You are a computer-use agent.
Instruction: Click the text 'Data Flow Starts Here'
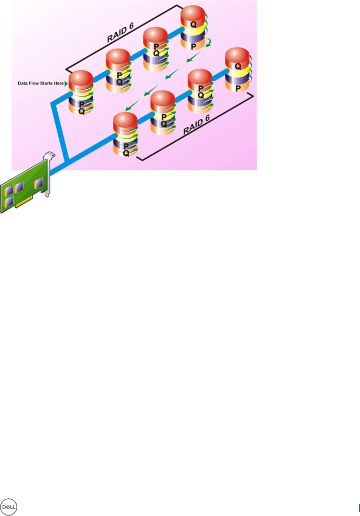click(x=40, y=83)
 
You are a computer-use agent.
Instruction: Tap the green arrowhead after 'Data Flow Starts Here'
click(x=66, y=84)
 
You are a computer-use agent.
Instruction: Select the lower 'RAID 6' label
click(x=196, y=125)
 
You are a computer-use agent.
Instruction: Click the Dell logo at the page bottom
click(x=9, y=507)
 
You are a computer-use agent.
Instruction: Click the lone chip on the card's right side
click(x=39, y=183)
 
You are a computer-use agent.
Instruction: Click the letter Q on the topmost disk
click(x=194, y=25)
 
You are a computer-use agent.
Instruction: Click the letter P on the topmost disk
click(x=194, y=46)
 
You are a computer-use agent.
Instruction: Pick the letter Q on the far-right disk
click(x=238, y=67)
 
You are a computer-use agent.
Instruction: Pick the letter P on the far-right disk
click(x=238, y=88)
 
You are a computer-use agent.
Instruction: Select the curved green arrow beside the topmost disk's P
click(x=208, y=44)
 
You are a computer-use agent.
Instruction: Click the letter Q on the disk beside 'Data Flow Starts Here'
click(x=82, y=111)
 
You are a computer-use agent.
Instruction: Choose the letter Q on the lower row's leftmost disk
click(x=126, y=153)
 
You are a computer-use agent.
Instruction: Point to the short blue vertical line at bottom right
click(x=359, y=507)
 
